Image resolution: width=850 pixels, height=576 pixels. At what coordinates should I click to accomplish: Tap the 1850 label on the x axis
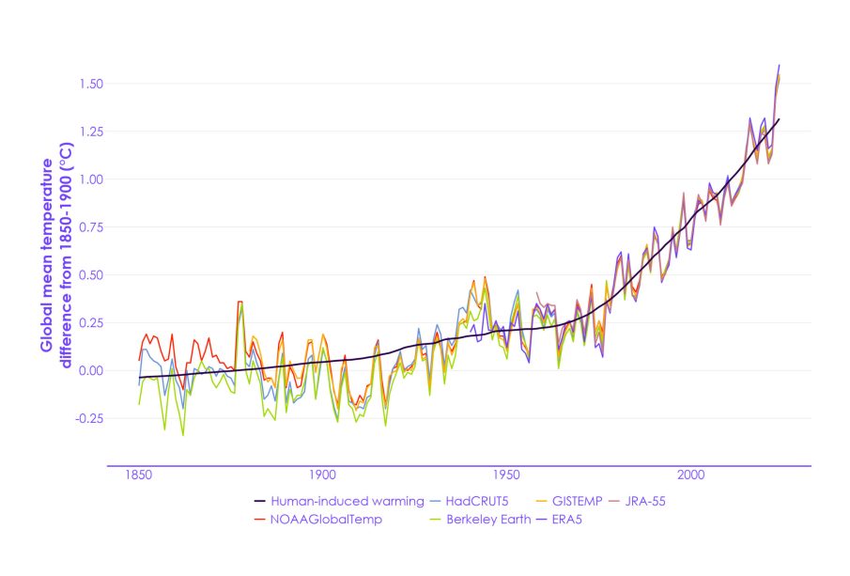coord(138,476)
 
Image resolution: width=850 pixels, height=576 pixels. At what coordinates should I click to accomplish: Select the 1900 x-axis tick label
coord(322,476)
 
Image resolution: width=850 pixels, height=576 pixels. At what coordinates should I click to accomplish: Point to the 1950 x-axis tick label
coord(506,476)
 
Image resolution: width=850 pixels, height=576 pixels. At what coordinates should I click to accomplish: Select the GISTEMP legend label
coord(570,501)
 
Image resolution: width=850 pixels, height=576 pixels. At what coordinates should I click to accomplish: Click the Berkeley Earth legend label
coord(487,519)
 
